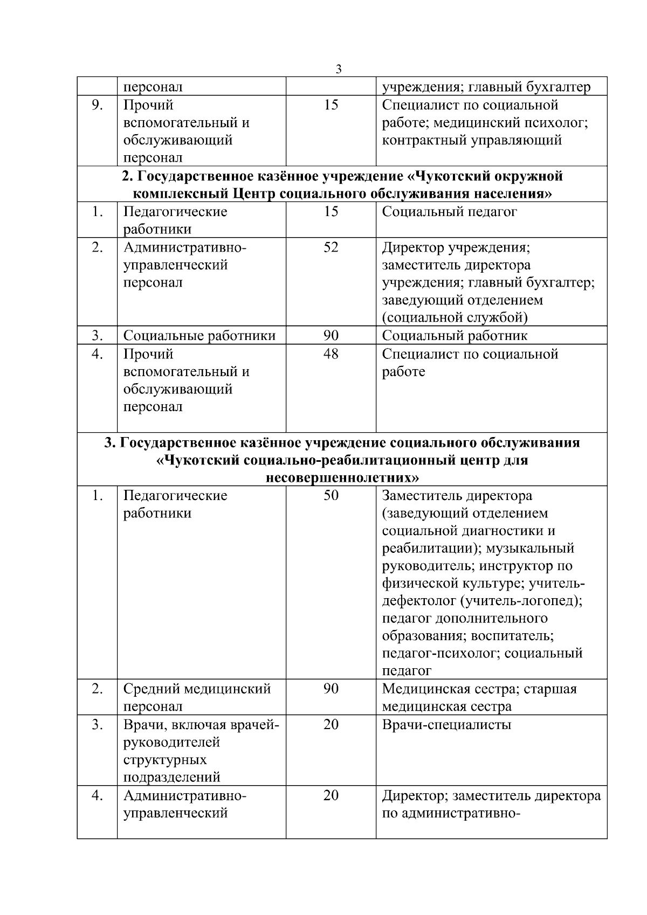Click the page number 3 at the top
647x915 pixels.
(x=338, y=69)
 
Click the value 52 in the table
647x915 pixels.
(x=331, y=247)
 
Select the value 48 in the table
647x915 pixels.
(x=331, y=354)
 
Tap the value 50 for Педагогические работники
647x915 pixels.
(x=331, y=495)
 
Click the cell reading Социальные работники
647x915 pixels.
(x=199, y=336)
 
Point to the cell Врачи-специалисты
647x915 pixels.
(x=446, y=725)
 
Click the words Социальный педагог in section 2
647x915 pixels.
(x=449, y=212)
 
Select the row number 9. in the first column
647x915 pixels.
(x=97, y=105)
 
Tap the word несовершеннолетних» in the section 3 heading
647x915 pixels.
(x=342, y=477)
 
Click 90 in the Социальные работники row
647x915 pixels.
(x=331, y=336)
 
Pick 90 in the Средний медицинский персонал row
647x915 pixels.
(x=331, y=689)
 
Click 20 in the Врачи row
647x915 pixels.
(x=331, y=725)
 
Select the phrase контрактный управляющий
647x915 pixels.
(x=472, y=141)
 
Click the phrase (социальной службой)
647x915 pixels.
(x=455, y=317)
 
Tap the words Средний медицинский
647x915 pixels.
(x=197, y=689)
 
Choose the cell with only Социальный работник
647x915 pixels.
(x=455, y=336)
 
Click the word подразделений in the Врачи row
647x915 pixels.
(x=172, y=777)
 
